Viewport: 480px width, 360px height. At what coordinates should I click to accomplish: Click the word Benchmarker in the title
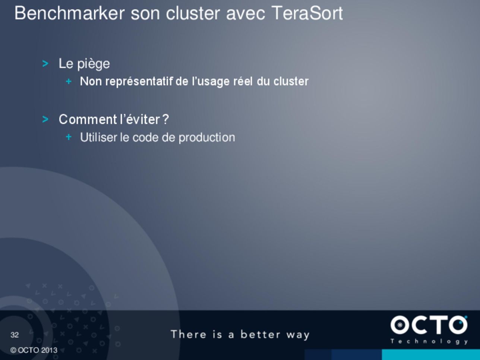coord(70,13)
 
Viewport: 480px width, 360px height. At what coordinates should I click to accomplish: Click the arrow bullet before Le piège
coord(45,64)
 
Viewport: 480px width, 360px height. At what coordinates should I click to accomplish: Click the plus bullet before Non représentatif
coord(69,81)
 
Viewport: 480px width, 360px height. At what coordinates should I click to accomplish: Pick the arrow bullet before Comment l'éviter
coord(45,119)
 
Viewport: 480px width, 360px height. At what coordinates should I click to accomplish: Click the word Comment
coord(88,119)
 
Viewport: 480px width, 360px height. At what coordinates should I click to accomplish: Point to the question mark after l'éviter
coord(166,119)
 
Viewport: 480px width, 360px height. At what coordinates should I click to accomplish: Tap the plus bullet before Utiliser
coord(69,137)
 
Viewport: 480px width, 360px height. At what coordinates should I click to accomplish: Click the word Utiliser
coord(99,137)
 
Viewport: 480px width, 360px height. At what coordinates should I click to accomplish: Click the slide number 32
coord(15,335)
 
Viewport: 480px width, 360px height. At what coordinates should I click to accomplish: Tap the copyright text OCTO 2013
coord(34,350)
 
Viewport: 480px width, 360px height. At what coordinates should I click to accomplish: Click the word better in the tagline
coord(260,334)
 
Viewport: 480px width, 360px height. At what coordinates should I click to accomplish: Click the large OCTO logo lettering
coord(429,325)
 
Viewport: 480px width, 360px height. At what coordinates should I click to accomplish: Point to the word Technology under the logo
coord(429,341)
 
